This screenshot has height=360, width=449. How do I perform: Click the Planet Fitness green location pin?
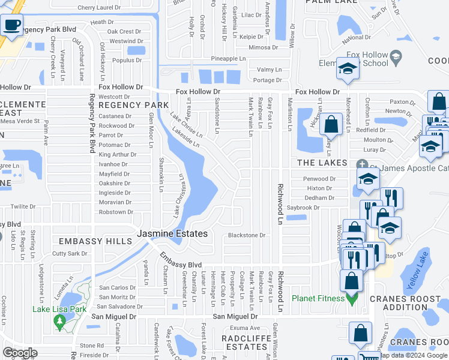(352, 298)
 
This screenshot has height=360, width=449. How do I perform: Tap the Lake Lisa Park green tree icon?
(59, 323)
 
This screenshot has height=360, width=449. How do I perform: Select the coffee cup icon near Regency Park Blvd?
(11, 26)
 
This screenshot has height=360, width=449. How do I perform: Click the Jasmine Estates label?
(172, 233)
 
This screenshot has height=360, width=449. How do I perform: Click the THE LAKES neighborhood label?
(323, 163)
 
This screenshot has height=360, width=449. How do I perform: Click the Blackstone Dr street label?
(246, 236)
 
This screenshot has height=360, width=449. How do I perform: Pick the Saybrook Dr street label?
(303, 208)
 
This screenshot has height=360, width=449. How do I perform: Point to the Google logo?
(20, 353)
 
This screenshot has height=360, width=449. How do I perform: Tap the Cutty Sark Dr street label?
(70, 254)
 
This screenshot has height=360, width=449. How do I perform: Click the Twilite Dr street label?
(23, 206)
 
